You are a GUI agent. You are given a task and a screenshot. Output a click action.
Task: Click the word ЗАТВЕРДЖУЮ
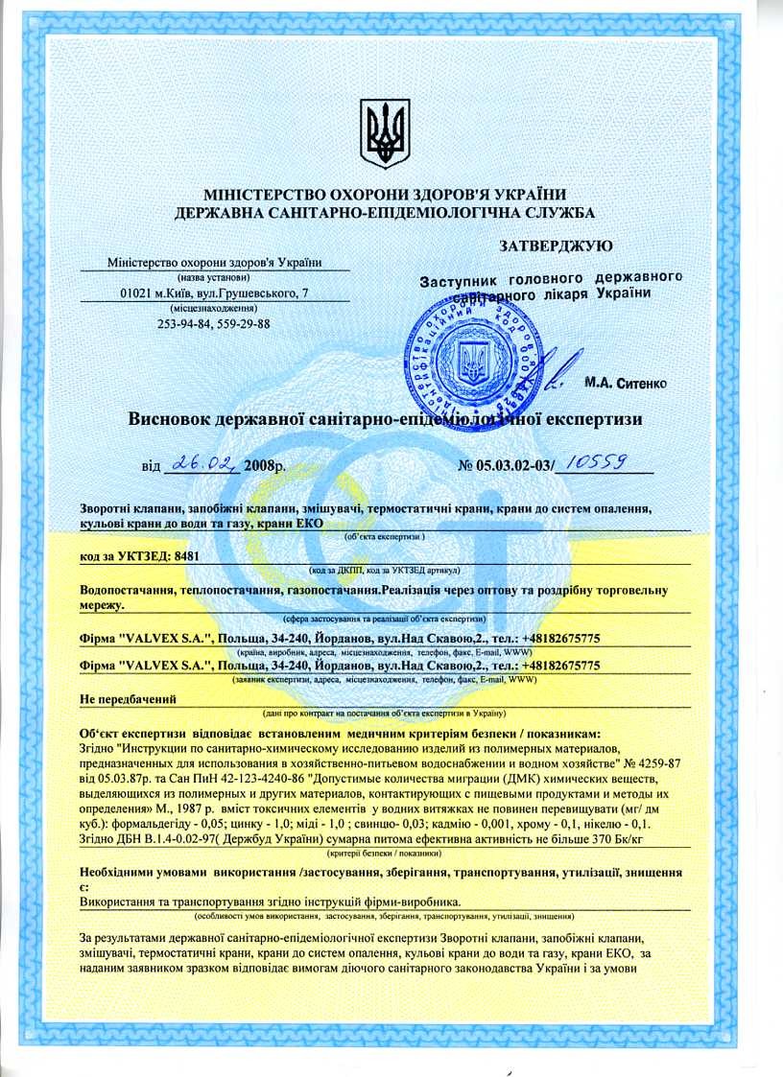pos(557,246)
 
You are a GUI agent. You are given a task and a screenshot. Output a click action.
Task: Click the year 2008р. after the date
pos(265,466)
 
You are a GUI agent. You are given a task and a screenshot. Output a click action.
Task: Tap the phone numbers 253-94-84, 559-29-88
pos(214,324)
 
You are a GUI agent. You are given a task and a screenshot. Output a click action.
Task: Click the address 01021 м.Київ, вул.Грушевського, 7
pos(214,293)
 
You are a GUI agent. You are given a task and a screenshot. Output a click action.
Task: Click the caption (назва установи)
pos(214,277)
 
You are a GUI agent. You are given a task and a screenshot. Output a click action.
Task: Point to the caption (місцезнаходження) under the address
pos(214,309)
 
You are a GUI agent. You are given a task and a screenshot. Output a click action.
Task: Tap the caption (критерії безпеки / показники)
pos(383,853)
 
